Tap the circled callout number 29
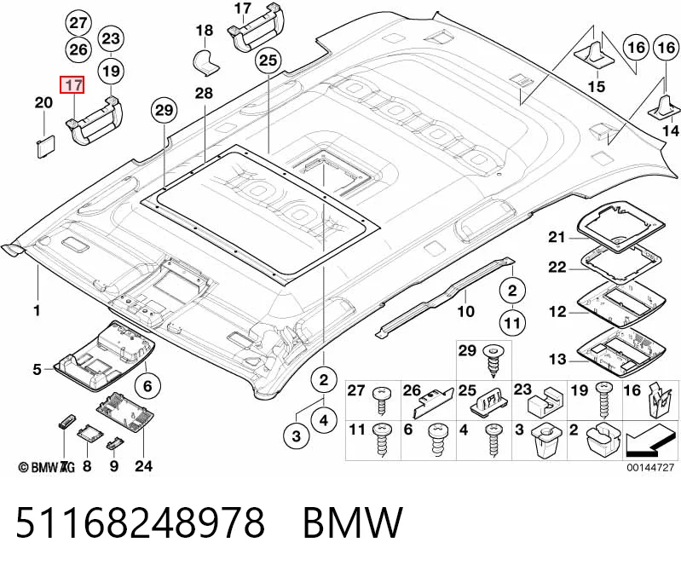tap(164, 111)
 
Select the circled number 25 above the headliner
tap(268, 61)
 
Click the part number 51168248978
tap(141, 522)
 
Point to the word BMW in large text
tap(352, 522)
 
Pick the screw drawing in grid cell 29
tap(493, 361)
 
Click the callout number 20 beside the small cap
tap(43, 103)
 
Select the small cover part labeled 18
tap(205, 63)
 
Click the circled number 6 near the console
tap(147, 385)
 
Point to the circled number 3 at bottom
tap(297, 435)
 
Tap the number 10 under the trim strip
tap(465, 311)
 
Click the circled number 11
tap(512, 323)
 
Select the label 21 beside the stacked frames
tap(557, 238)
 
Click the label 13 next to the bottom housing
tap(557, 360)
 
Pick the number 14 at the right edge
tap(671, 130)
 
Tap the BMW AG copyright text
tap(47, 467)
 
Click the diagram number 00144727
tap(650, 467)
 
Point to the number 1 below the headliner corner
tap(38, 310)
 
